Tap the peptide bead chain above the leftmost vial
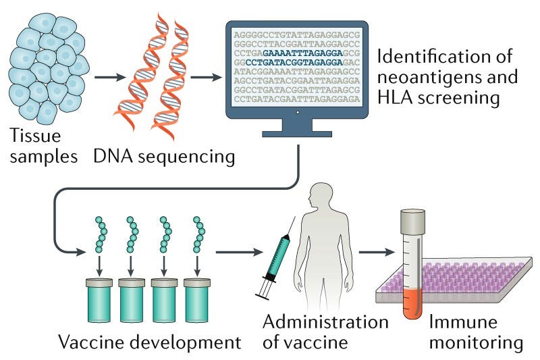(x=100, y=236)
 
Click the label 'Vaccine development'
(x=150, y=342)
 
